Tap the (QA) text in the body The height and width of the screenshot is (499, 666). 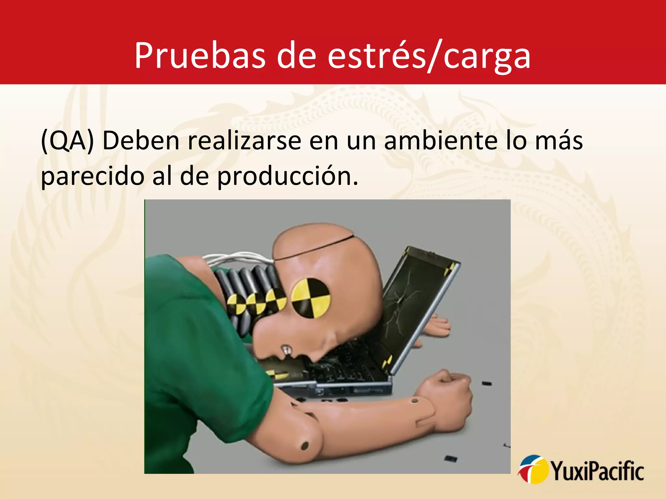pyautogui.click(x=67, y=141)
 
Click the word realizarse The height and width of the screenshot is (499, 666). pyautogui.click(x=245, y=141)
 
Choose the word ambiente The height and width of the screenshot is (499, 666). pyautogui.click(x=441, y=141)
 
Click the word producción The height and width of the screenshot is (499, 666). pyautogui.click(x=287, y=176)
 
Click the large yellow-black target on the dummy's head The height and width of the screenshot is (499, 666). pyautogui.click(x=311, y=297)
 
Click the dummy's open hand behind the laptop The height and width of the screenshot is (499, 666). pyautogui.click(x=437, y=326)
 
